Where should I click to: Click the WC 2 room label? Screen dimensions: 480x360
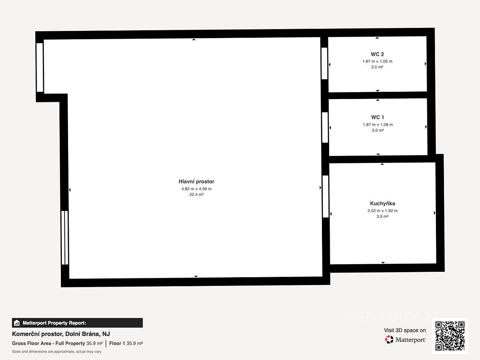[x=377, y=54]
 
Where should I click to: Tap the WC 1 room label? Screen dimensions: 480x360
[x=378, y=117]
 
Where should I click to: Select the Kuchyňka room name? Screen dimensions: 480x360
[x=382, y=203]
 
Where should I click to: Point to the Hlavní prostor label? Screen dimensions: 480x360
[x=196, y=181]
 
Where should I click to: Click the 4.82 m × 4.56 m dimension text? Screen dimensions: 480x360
[x=196, y=189]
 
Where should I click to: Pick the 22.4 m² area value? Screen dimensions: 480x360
[x=196, y=194]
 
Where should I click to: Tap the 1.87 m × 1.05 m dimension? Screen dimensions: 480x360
[x=377, y=62]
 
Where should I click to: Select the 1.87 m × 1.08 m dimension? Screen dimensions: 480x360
[x=378, y=125]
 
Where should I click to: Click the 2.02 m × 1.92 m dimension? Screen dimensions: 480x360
[x=382, y=211]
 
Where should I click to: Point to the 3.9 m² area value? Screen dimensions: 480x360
[x=382, y=216]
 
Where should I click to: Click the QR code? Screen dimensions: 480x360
[x=450, y=336]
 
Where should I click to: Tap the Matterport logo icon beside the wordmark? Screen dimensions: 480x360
[x=389, y=339]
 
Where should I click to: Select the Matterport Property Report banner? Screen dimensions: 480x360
[x=77, y=323]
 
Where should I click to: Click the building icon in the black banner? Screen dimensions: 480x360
[x=17, y=323]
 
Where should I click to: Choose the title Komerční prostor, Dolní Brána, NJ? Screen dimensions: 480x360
[x=61, y=334]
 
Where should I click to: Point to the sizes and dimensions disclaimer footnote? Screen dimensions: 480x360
[x=57, y=351]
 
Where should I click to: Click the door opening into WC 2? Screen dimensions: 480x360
[x=324, y=63]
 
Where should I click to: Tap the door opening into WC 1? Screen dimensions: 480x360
[x=325, y=127]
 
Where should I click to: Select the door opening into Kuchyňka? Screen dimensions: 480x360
[x=326, y=197]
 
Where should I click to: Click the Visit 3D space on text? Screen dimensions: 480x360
[x=405, y=330]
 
